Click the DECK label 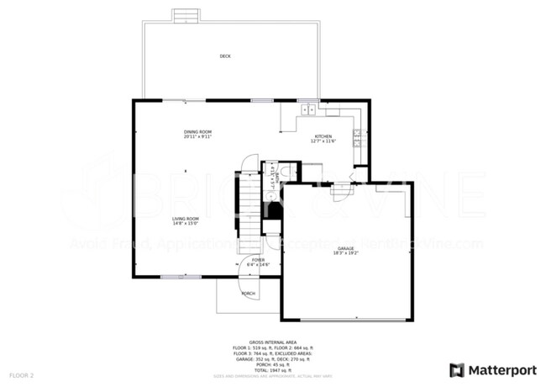pos(225,56)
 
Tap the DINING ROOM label pos(198,131)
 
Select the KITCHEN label pos(323,136)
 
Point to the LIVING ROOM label pos(186,219)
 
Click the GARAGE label pos(345,247)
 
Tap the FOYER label pos(259,260)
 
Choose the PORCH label pos(249,294)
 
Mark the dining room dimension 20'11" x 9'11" pos(198,136)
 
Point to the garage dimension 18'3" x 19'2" pos(345,252)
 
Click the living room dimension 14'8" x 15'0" pos(186,224)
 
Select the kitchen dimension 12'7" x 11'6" pos(323,141)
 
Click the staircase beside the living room pos(249,206)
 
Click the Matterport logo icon pos(457,369)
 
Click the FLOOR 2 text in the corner pos(21,374)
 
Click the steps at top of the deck pos(185,16)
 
